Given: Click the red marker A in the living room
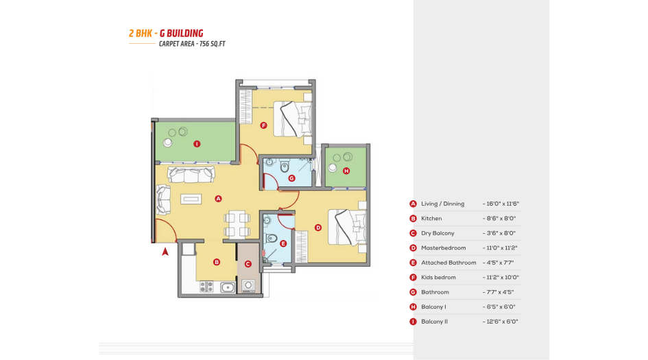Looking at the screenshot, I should tap(218, 199).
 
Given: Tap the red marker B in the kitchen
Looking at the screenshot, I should tap(216, 261).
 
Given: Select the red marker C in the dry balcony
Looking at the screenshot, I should tap(248, 263).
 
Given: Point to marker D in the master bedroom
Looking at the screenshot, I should tap(317, 228).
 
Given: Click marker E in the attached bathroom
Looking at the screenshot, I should tap(283, 243).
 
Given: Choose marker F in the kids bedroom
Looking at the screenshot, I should tap(263, 125).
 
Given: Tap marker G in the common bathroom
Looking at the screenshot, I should tap(291, 178).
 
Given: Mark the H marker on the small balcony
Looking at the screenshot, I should tap(346, 171).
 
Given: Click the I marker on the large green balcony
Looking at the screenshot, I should tap(197, 144).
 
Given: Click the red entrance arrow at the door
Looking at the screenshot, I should tap(165, 252).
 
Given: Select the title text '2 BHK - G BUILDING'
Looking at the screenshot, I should tap(165, 33).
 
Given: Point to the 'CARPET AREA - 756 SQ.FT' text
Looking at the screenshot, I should tap(192, 44).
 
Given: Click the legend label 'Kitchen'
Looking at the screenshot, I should tap(431, 219).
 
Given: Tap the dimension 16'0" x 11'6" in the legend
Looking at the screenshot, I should tap(501, 204).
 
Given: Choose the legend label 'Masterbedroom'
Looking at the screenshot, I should tap(443, 248).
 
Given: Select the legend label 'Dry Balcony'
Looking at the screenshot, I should tap(437, 233).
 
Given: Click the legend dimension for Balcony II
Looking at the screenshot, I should tap(500, 322).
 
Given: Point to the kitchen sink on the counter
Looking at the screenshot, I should tap(228, 287).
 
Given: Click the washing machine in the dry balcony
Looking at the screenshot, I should tap(249, 285).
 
